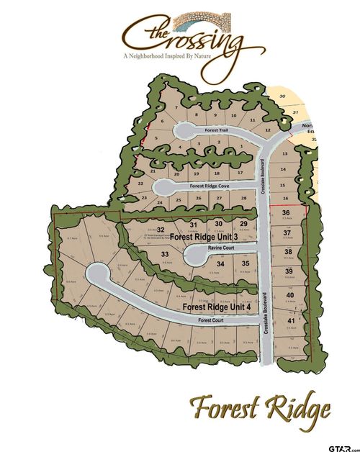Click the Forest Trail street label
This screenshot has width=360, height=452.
point(216,130)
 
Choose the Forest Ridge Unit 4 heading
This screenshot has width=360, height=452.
point(217,307)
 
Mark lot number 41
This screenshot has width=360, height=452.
point(291,320)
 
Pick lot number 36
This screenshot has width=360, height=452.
point(286,213)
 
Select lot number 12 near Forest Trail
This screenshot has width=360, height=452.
point(267,130)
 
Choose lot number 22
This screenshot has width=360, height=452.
point(140,183)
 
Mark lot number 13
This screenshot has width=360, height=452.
point(284,154)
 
